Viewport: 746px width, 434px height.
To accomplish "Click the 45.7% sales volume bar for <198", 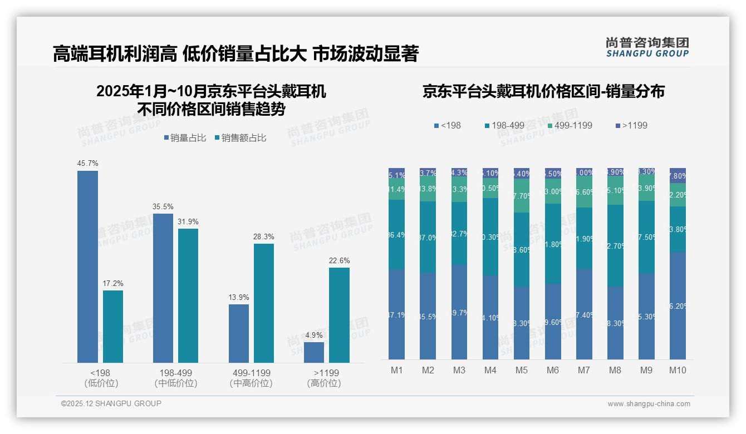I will tap(87, 267).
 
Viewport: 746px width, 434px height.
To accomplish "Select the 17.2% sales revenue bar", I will tap(113, 327).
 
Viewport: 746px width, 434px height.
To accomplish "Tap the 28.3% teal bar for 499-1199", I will tap(264, 303).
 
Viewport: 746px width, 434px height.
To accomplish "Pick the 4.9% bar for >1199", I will tap(314, 352).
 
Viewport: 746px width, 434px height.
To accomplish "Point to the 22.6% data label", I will tap(339, 260).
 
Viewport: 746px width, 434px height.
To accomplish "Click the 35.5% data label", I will tap(163, 206).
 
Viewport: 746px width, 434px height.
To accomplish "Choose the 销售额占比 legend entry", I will tap(241, 137).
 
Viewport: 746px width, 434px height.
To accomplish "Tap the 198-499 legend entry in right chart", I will tap(504, 125).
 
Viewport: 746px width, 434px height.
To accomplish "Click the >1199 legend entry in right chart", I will tap(632, 125).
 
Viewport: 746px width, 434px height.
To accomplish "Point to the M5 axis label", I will tap(521, 370).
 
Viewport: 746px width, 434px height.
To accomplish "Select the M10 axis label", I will tap(678, 370).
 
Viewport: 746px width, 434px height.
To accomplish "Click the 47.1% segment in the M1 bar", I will tap(397, 314).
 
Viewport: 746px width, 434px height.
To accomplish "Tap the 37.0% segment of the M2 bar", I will tap(428, 238).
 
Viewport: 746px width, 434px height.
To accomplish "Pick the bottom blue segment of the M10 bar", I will tap(678, 305).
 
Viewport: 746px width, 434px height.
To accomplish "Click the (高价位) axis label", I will tap(324, 383).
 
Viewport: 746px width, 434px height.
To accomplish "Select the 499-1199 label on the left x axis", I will tap(251, 373).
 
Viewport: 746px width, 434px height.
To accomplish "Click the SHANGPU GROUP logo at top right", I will tap(647, 47).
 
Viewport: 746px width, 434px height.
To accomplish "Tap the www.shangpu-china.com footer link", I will tap(649, 404).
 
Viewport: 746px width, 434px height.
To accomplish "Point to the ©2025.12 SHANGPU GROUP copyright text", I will tap(111, 403).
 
